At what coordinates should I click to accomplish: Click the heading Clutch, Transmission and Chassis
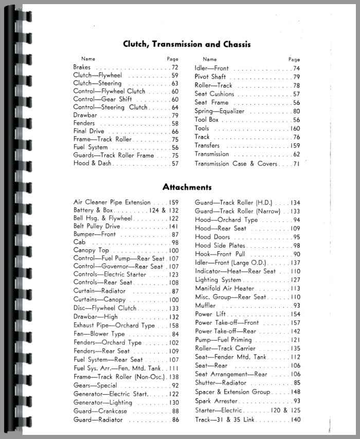[187, 44]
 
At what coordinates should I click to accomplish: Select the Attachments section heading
[187, 187]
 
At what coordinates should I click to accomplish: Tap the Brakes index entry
[82, 67]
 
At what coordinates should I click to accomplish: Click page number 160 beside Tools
[295, 129]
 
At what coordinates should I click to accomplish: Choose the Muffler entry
[205, 305]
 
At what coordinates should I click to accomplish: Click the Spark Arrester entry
[216, 401]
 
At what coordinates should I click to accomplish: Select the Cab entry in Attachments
[79, 242]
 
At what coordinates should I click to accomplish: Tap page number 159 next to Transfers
[295, 145]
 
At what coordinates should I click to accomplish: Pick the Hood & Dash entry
[93, 163]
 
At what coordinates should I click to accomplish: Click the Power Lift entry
[210, 314]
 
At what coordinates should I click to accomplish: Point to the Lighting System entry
[218, 280]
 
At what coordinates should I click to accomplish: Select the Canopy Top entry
[92, 250]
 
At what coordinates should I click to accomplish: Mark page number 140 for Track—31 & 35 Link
[295, 420]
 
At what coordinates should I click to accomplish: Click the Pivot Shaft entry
[210, 77]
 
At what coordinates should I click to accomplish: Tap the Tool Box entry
[206, 120]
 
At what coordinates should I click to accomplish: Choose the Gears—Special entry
[95, 386]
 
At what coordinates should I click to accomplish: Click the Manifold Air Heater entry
[225, 288]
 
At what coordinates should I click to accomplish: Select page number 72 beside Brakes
[175, 67]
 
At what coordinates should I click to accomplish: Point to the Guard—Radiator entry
[98, 420]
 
